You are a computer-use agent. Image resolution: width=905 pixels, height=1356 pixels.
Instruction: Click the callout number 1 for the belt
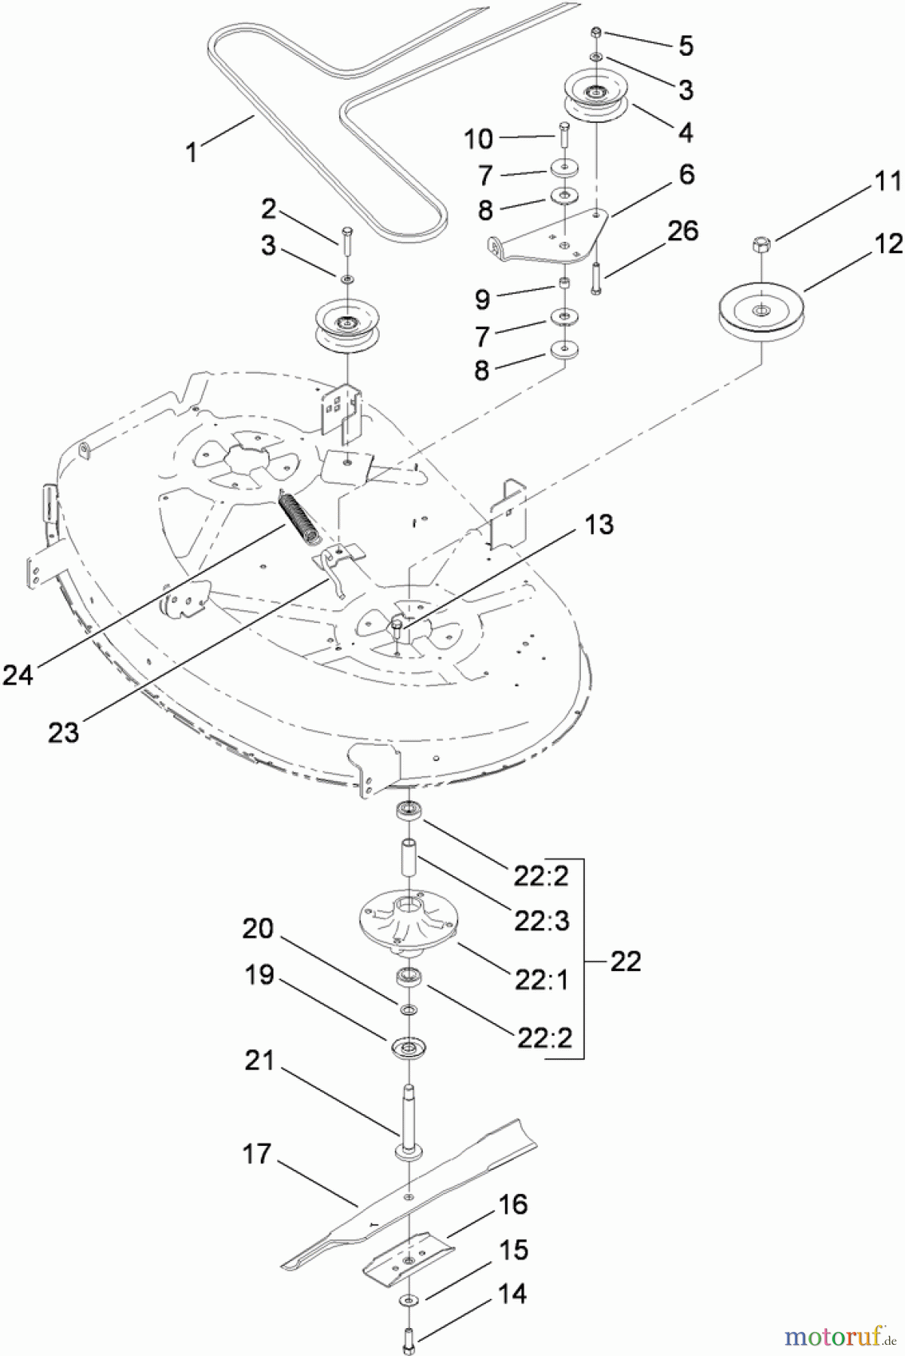(x=191, y=152)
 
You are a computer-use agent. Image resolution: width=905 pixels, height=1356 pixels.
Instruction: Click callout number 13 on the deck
(x=599, y=524)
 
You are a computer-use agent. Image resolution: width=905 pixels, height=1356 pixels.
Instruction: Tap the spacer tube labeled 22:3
(x=408, y=858)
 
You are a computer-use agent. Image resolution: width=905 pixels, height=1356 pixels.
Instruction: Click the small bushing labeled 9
(x=562, y=284)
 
